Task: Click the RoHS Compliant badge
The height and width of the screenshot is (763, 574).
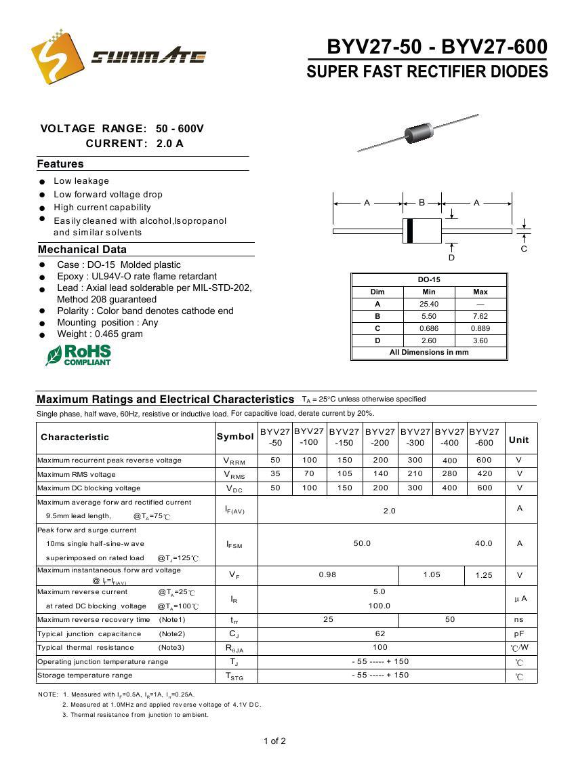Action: click(79, 355)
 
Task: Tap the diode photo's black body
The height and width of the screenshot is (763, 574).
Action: click(419, 131)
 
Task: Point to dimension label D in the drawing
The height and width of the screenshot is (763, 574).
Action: click(451, 258)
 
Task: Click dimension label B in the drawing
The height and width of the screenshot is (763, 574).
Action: click(422, 203)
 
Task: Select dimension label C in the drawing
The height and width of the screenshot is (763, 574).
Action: click(524, 249)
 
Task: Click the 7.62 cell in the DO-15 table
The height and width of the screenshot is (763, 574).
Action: click(480, 316)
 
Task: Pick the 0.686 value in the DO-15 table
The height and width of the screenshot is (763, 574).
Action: click(429, 328)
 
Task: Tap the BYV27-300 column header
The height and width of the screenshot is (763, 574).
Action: click(415, 437)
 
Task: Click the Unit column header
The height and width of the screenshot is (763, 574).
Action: click(519, 439)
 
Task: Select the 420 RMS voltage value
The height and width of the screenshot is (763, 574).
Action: click(485, 474)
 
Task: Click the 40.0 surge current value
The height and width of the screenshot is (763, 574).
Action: click(484, 543)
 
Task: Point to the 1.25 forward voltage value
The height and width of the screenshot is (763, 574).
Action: click(484, 575)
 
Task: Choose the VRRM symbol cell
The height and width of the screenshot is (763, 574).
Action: click(234, 461)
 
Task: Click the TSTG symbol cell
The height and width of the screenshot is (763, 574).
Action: click(234, 676)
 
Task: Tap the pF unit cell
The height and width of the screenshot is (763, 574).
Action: click(519, 633)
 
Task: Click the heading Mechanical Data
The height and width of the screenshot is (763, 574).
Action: click(82, 250)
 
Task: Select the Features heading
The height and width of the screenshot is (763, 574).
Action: click(60, 164)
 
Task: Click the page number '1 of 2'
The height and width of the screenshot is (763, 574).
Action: click(274, 741)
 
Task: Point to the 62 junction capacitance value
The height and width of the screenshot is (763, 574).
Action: click(380, 633)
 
